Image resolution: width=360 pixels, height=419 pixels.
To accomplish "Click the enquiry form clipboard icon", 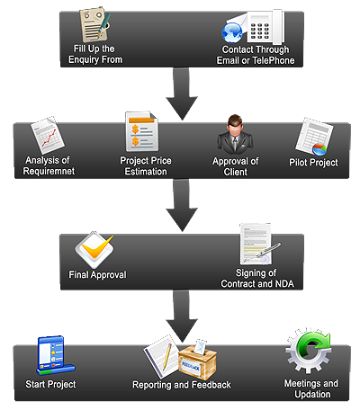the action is [x=94, y=25].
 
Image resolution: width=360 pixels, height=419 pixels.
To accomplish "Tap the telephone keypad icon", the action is [x=265, y=27].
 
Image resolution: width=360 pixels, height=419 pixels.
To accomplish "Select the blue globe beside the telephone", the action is [x=232, y=33].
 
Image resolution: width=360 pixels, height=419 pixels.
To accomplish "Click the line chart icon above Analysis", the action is [x=48, y=135].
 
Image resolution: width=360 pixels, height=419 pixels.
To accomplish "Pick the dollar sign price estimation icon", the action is [x=141, y=131].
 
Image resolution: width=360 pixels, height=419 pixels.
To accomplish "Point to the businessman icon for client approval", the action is [x=235, y=134].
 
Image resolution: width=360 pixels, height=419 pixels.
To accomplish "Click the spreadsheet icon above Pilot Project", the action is [x=314, y=137].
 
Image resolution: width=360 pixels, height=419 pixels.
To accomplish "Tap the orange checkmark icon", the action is [x=94, y=250].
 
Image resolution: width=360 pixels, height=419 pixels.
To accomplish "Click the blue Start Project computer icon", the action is [x=55, y=356].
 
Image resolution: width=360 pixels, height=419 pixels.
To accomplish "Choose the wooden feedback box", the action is [x=198, y=361].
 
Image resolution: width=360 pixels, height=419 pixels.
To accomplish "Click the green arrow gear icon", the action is [x=309, y=352].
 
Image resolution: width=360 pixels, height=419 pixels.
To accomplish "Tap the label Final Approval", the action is [x=97, y=275].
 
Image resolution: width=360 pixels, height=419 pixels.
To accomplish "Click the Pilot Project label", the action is [x=313, y=163].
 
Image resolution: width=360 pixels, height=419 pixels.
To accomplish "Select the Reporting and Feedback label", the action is [x=182, y=385].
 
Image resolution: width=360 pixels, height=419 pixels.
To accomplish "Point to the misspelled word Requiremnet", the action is [x=49, y=171].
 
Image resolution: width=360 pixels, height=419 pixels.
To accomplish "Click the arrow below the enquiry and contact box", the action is [x=182, y=94].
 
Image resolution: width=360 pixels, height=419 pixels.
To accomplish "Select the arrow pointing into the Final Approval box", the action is [x=182, y=206].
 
